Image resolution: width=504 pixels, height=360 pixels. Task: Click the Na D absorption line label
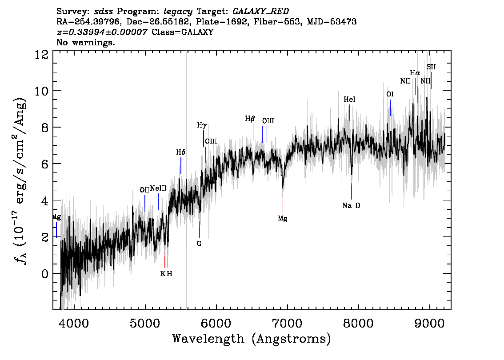click(x=351, y=206)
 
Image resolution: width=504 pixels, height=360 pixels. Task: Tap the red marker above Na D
click(x=351, y=191)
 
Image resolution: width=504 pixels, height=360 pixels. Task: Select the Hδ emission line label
click(x=180, y=152)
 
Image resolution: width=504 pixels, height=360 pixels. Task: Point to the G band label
click(x=199, y=244)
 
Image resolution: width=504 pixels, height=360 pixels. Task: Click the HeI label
click(x=349, y=99)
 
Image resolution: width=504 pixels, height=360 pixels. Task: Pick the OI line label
click(x=390, y=94)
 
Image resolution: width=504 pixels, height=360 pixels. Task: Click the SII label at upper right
click(x=431, y=67)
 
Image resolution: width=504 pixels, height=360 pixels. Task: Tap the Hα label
click(x=415, y=73)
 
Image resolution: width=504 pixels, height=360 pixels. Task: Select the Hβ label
click(x=250, y=119)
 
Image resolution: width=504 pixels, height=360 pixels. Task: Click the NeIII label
click(x=158, y=188)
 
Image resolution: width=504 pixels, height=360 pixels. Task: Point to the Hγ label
click(x=201, y=125)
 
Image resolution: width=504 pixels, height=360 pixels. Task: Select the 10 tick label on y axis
click(x=41, y=91)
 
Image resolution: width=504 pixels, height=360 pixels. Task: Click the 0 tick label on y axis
click(x=45, y=273)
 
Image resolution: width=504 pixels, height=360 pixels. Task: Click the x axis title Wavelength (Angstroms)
click(x=252, y=339)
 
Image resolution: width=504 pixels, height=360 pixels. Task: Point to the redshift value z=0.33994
click(x=102, y=32)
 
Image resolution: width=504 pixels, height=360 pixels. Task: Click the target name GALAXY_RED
click(x=261, y=12)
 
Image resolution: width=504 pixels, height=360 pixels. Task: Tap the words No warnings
click(x=85, y=42)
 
